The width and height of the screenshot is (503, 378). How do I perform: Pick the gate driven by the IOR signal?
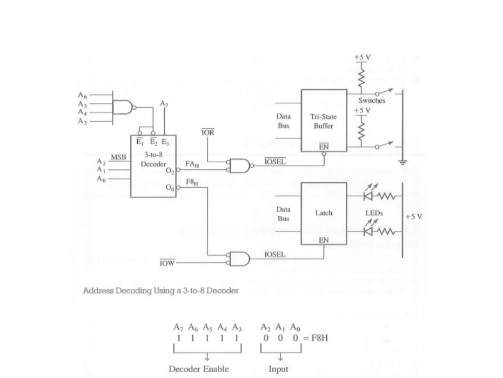(x=239, y=165)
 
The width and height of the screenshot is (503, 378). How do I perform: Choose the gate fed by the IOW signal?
(x=239, y=258)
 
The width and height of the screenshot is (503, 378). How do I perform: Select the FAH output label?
(x=192, y=163)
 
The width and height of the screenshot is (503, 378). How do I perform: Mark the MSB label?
(x=118, y=157)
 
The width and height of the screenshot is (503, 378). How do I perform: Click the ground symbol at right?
(x=402, y=161)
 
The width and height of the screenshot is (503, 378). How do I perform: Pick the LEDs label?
(x=374, y=213)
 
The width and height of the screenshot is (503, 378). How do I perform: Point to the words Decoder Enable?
(x=199, y=369)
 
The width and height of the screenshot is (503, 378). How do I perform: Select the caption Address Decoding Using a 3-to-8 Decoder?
(x=160, y=291)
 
